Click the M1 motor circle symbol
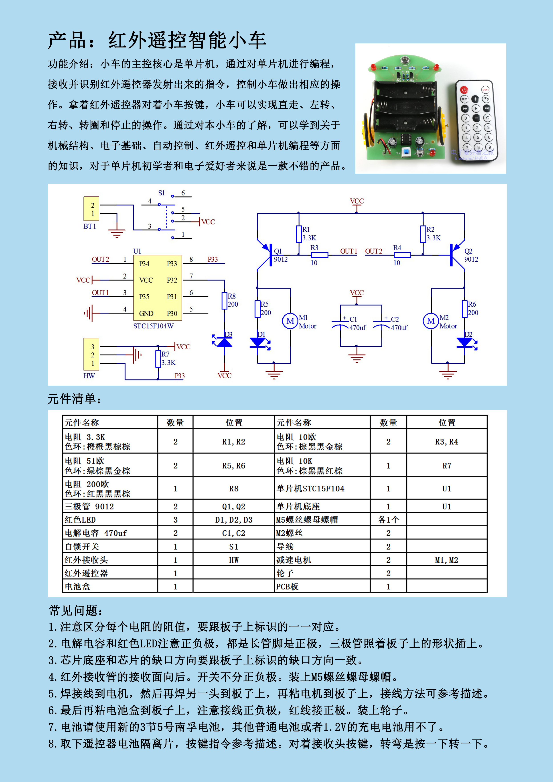pyautogui.click(x=290, y=321)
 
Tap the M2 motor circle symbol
pyautogui.click(x=431, y=321)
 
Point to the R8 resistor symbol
pyautogui.click(x=224, y=301)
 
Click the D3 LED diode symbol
pyautogui.click(x=224, y=342)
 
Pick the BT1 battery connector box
pyautogui.click(x=91, y=209)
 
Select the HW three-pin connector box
pyautogui.click(x=91, y=354)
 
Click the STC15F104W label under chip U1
pyautogui.click(x=153, y=326)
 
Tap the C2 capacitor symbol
pyautogui.click(x=382, y=324)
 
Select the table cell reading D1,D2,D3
pyautogui.click(x=234, y=520)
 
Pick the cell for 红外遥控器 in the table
pyautogui.click(x=110, y=573)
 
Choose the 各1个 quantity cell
pyautogui.click(x=388, y=520)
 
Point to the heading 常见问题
pyautogui.click(x=76, y=611)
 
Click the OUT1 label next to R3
pyautogui.click(x=348, y=251)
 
